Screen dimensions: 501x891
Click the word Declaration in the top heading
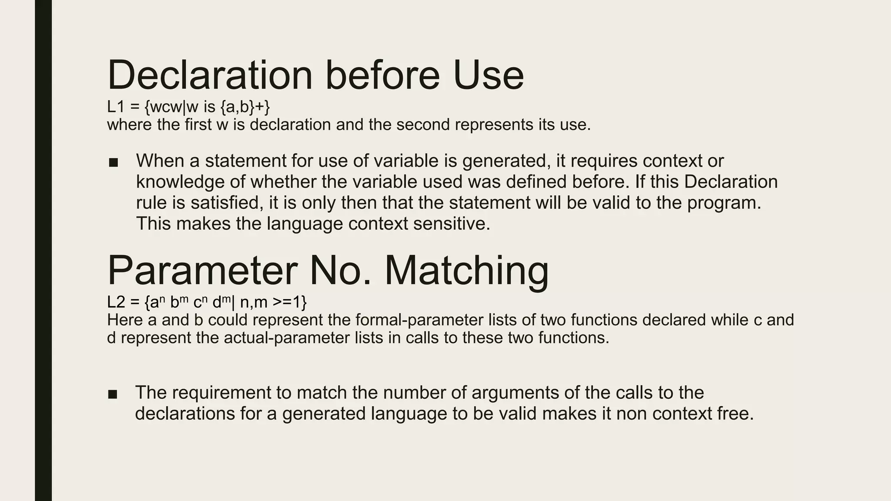tap(210, 75)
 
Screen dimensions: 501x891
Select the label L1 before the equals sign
tap(116, 107)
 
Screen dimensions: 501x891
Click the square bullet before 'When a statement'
tap(114, 163)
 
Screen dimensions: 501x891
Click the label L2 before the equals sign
tap(116, 302)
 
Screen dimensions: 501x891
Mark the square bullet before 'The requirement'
tap(113, 394)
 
